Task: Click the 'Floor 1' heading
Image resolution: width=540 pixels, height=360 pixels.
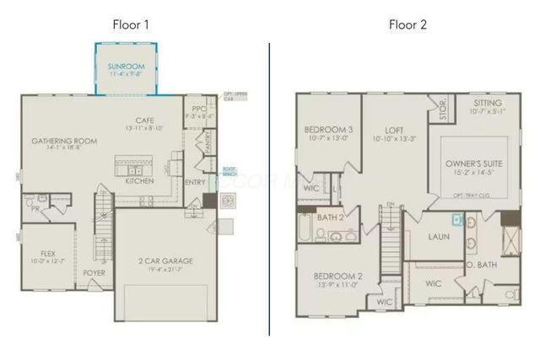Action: click(131, 24)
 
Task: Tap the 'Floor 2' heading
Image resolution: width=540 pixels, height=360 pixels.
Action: click(408, 24)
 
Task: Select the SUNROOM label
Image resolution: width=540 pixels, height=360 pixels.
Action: click(126, 65)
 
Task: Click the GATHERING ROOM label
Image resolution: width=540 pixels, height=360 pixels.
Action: click(64, 141)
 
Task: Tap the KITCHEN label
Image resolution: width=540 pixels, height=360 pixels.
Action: click(139, 180)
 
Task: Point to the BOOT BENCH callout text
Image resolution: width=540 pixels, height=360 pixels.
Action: click(229, 169)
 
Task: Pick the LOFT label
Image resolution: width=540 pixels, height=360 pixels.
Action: click(394, 130)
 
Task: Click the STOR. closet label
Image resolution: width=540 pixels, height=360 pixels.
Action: click(437, 107)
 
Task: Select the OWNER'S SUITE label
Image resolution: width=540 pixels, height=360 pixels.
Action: click(468, 163)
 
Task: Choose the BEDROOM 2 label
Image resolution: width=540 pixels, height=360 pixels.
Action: click(337, 277)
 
